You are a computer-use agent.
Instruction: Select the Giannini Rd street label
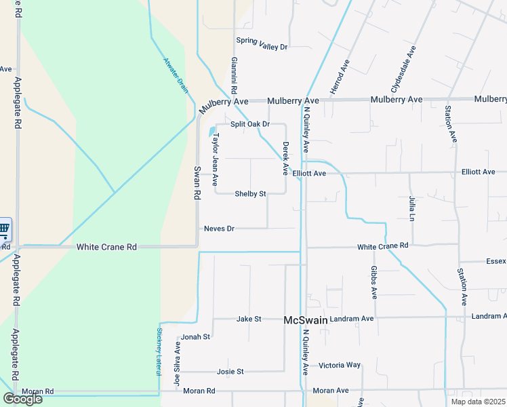click(233, 75)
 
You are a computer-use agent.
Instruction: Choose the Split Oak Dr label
click(250, 124)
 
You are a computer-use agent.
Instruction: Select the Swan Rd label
click(197, 182)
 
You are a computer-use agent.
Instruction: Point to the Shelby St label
click(250, 194)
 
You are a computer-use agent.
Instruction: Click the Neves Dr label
click(219, 229)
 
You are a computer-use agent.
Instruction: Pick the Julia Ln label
click(411, 208)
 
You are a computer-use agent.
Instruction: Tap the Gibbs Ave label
click(373, 282)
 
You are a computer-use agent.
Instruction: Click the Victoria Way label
click(340, 365)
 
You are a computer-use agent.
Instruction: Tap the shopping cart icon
click(3, 229)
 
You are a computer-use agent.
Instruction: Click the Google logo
click(22, 399)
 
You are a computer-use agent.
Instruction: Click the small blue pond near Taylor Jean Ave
click(212, 131)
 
